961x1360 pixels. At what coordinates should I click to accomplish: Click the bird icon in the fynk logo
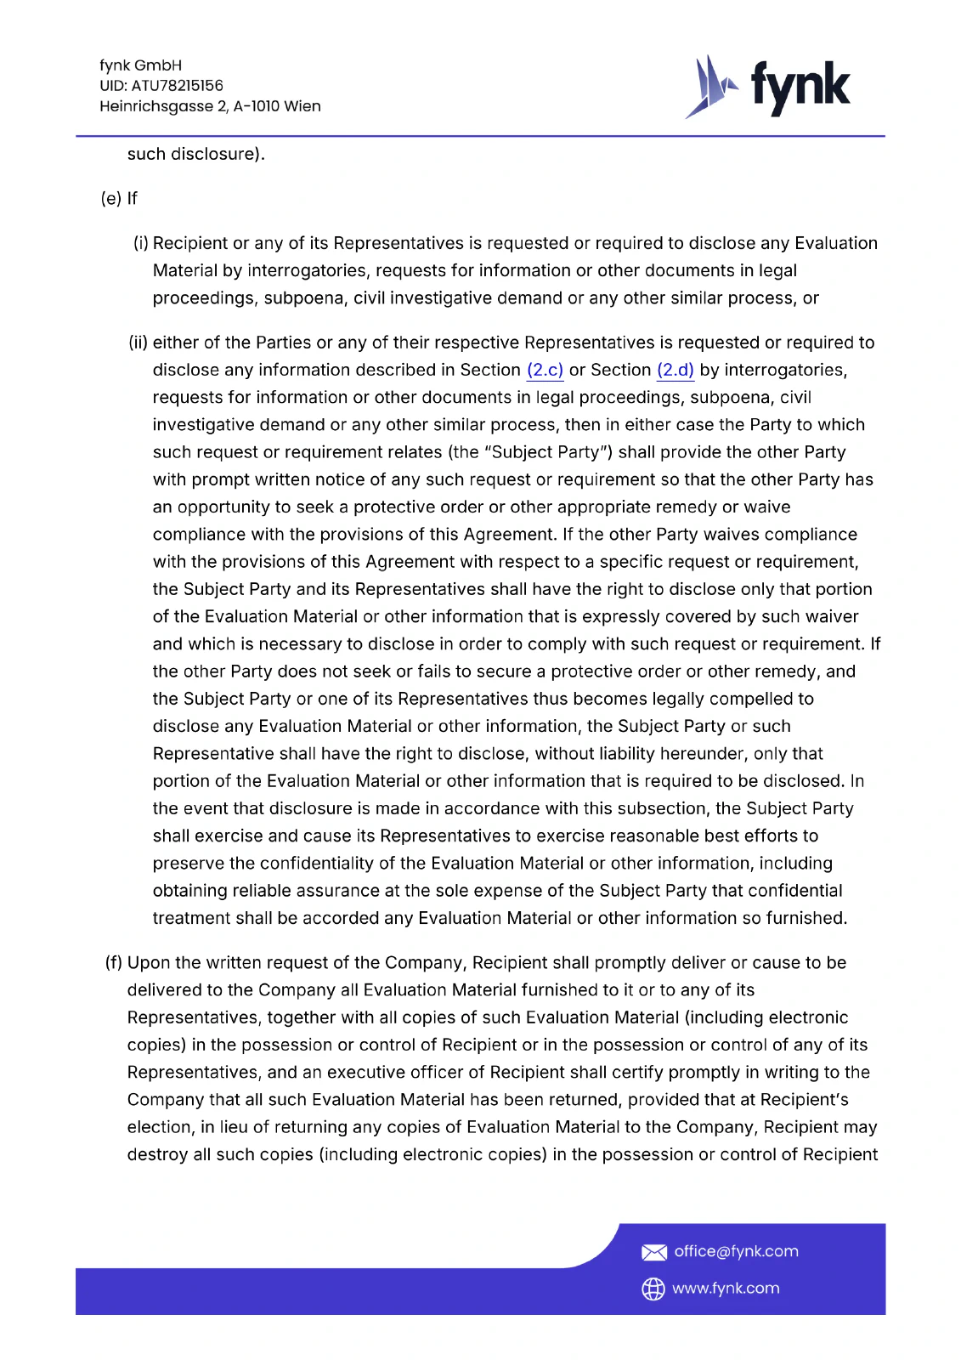click(710, 87)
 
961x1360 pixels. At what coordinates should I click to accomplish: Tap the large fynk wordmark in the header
click(800, 87)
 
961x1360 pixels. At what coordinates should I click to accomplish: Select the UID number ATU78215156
click(177, 86)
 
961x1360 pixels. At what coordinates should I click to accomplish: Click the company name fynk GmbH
click(140, 65)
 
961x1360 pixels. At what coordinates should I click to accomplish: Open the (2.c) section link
click(545, 370)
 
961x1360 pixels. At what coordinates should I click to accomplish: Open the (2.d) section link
click(675, 370)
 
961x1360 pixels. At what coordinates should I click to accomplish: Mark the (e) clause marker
click(111, 198)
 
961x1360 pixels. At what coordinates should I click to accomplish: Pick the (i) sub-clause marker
click(141, 243)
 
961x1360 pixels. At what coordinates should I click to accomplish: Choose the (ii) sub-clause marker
click(138, 343)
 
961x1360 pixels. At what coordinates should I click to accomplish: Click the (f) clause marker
click(114, 962)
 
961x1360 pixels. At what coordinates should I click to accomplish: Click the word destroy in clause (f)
click(157, 1154)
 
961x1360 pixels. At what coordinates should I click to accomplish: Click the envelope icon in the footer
click(653, 1252)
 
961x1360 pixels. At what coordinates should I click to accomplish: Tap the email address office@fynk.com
click(736, 1251)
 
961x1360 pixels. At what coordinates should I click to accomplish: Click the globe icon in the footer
click(653, 1289)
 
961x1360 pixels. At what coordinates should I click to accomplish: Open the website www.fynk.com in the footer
click(726, 1289)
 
